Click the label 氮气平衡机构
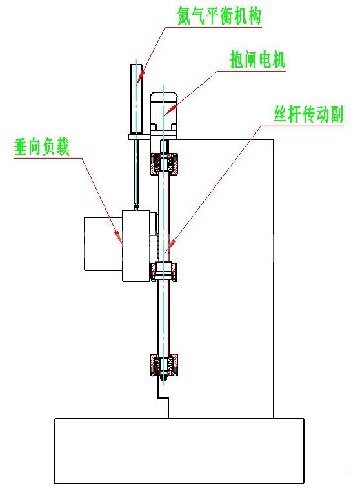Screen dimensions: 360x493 click(219, 15)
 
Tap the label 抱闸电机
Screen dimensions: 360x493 click(257, 60)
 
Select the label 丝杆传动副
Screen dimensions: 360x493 click(308, 114)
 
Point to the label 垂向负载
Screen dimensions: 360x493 click(41, 146)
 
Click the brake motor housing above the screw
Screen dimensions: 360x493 click(163, 115)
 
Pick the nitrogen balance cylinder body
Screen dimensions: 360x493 click(137, 99)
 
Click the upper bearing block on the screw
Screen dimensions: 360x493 click(163, 164)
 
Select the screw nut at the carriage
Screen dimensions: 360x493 click(163, 272)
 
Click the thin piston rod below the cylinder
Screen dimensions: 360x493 click(137, 172)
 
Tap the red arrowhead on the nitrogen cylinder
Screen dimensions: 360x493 click(141, 74)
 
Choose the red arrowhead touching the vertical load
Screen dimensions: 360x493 click(118, 236)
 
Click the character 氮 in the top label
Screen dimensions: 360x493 click(185, 15)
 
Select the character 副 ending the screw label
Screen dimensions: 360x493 click(336, 114)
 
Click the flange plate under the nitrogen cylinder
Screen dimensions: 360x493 click(139, 136)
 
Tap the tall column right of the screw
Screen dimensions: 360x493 click(221, 279)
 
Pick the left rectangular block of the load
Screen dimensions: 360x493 click(103, 244)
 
